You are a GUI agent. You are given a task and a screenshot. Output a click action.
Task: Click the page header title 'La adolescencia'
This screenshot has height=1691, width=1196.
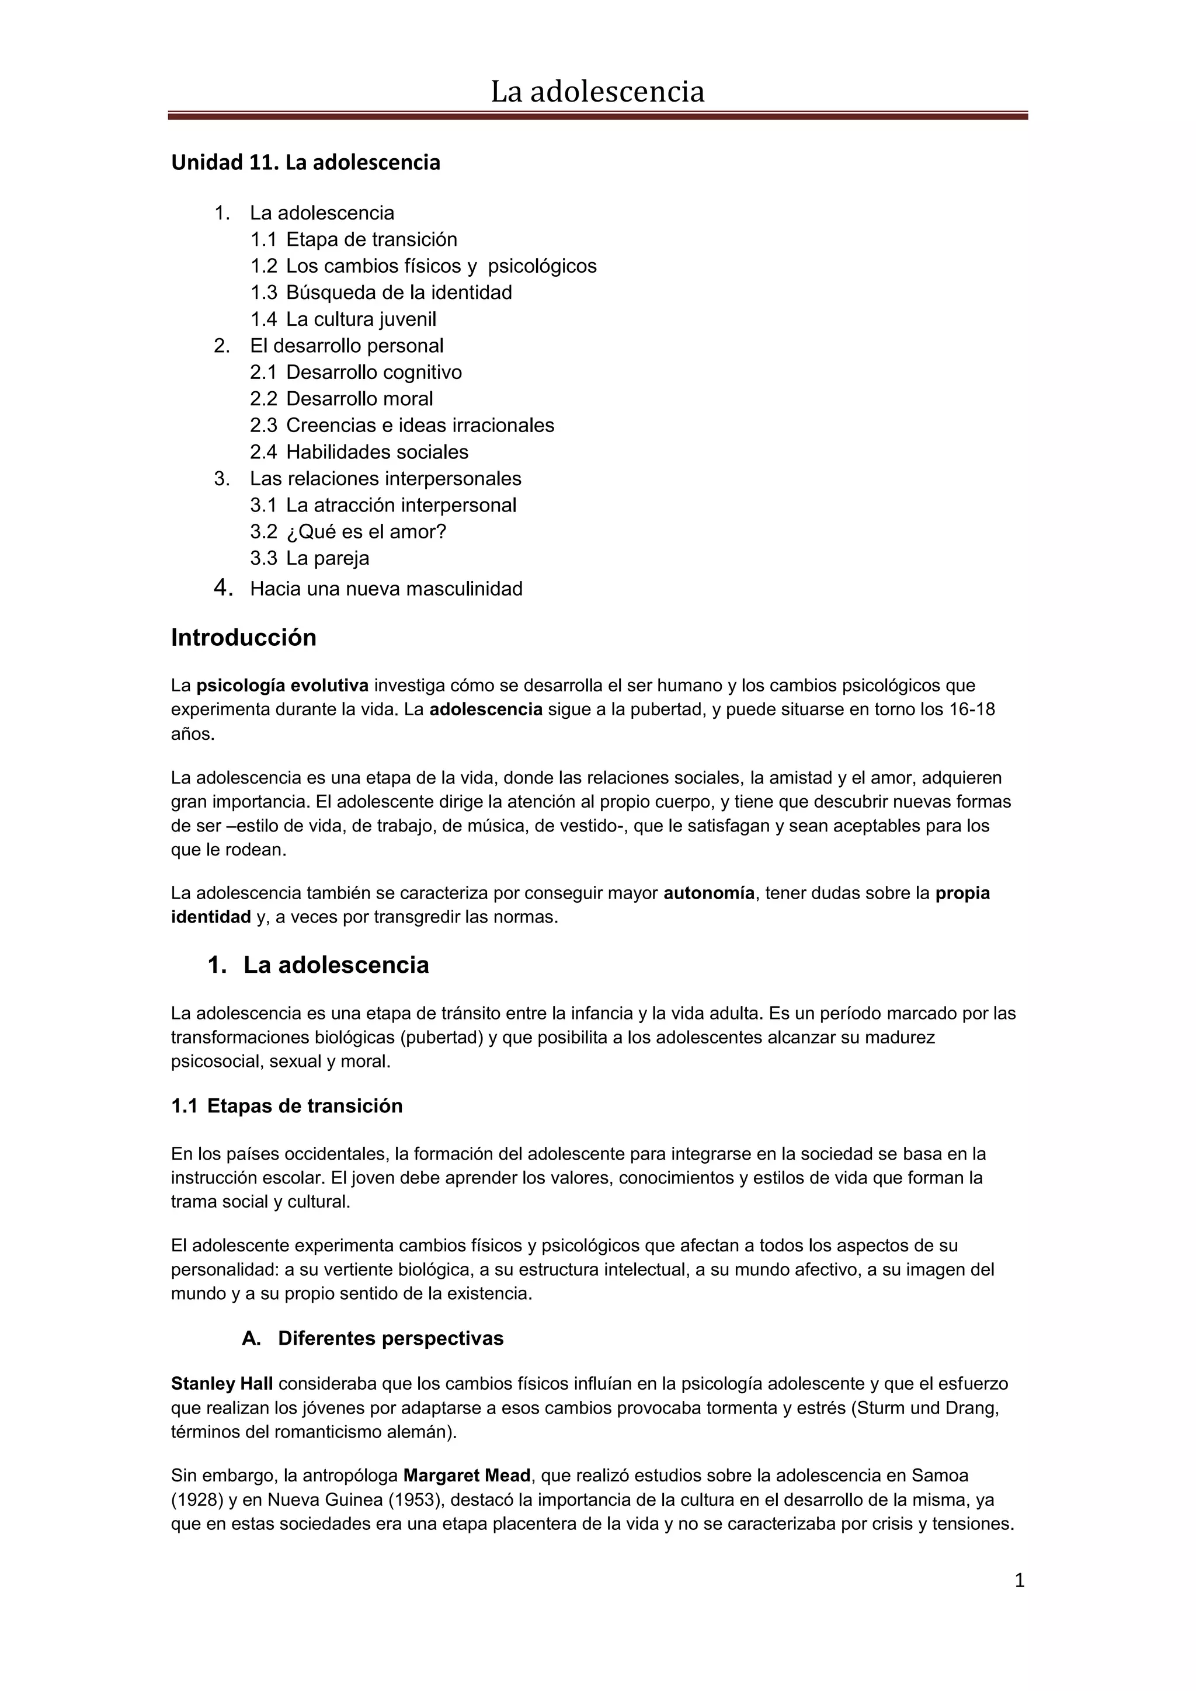pyautogui.click(x=597, y=92)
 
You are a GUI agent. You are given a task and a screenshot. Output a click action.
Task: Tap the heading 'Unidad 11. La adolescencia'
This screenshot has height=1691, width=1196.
pyautogui.click(x=305, y=163)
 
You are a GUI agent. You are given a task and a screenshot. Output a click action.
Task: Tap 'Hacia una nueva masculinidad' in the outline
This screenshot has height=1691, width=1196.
pyautogui.click(x=386, y=589)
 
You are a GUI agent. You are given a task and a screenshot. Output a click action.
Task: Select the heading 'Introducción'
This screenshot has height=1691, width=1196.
pyautogui.click(x=244, y=637)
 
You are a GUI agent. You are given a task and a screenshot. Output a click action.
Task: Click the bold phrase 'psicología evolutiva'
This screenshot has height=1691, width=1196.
pyautogui.click(x=282, y=686)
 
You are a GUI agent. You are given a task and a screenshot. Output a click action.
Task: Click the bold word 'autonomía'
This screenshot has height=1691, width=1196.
pyautogui.click(x=708, y=893)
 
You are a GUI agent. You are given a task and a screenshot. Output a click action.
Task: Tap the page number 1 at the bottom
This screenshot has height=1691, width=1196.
pyautogui.click(x=1019, y=1581)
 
